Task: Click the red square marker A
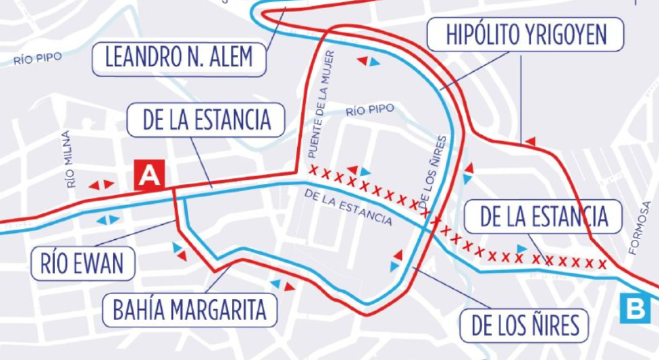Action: coord(150,175)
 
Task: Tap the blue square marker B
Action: coord(635,309)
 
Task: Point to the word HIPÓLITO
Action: coord(482,35)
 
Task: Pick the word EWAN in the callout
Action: coord(99,265)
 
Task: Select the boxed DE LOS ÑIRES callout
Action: coord(525,325)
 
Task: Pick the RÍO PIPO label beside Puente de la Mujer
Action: coord(369,109)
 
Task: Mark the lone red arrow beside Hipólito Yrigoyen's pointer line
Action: coord(530,141)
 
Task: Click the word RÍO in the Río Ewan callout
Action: coord(55,265)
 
